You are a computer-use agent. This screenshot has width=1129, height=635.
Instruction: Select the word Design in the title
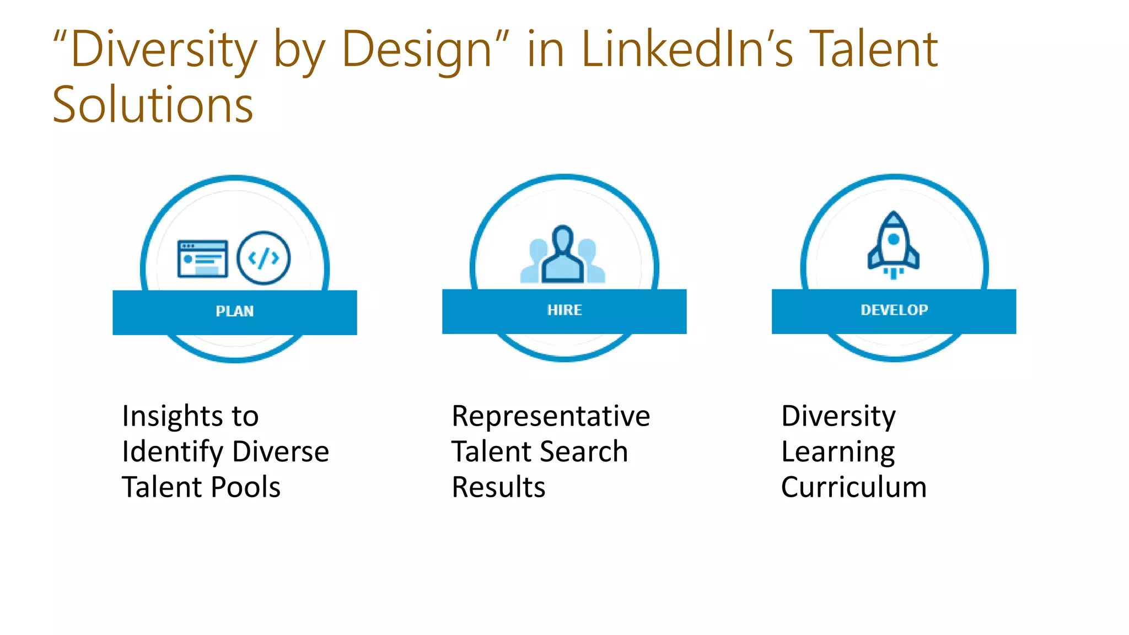point(416,50)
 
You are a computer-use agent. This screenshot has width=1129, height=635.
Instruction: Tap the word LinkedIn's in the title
point(687,50)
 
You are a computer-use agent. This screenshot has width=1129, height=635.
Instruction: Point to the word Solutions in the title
point(153,105)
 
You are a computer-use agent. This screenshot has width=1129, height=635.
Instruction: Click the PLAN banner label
point(235,311)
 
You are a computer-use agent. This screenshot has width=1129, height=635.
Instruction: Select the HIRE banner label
point(564,310)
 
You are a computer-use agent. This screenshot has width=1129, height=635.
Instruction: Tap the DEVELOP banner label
point(894,310)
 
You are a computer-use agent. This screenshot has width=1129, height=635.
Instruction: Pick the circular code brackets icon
point(264,258)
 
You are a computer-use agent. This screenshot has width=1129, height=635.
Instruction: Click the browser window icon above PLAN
point(202,259)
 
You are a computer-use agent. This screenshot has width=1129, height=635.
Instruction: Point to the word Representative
point(551,416)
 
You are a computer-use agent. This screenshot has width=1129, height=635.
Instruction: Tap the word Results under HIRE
point(498,487)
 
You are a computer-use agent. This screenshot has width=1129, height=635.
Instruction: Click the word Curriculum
point(854,487)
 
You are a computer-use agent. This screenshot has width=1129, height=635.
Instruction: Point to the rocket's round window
point(894,239)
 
